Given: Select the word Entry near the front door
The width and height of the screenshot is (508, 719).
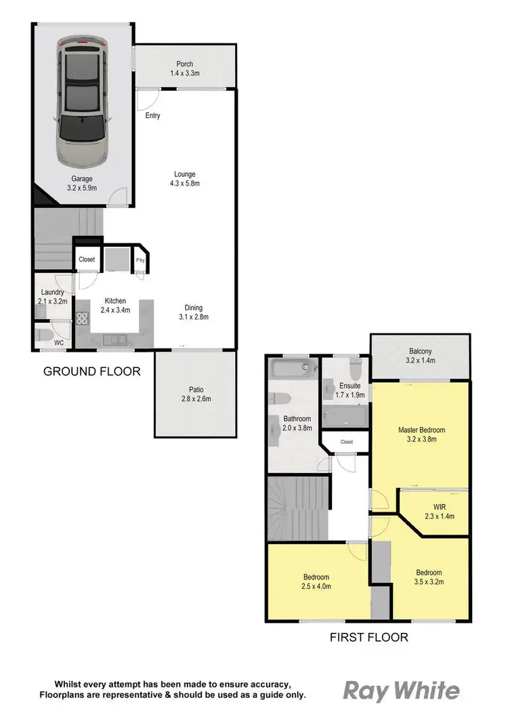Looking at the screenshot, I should coord(153,116).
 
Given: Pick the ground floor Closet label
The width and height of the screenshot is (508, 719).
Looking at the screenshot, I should coord(87,260).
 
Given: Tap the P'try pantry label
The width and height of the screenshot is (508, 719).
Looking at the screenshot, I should coord(140,260).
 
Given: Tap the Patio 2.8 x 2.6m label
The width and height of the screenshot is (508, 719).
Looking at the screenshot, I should coord(196,394).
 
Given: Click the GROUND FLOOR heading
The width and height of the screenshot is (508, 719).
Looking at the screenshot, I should coord(92,371).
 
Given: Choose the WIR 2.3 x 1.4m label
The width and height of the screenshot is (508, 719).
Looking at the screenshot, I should coord(434,512).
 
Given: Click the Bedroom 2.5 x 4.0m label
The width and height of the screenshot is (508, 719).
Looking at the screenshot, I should coord(316,582).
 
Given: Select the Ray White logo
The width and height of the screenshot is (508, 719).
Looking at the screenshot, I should coord(402,691).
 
